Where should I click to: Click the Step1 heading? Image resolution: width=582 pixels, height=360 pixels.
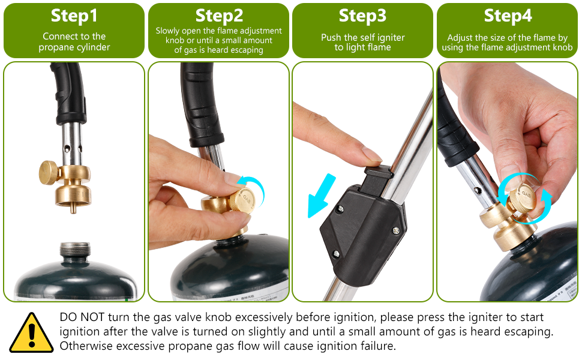pos(74,16)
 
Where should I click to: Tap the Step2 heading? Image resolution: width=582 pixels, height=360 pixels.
pos(219,16)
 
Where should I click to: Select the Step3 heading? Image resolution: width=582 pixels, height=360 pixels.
pos(362,16)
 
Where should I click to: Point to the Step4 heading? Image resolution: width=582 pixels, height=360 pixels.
pos(508,16)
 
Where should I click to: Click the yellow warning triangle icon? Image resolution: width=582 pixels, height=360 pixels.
pos(31,332)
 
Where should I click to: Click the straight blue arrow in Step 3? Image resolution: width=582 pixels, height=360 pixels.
pos(322,196)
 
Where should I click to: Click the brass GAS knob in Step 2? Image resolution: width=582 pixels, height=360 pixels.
pos(242,200)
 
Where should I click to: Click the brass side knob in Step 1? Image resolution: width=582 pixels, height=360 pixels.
pos(49,173)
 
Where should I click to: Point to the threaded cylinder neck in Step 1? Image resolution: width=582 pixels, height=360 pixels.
pos(76,250)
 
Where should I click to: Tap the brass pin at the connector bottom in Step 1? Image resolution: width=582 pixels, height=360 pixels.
pos(73,208)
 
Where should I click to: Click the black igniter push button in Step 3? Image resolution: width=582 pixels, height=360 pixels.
pos(378,178)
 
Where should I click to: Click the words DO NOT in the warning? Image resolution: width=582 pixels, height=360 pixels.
pos(82,317)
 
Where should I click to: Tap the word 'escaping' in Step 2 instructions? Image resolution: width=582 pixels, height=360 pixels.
pos(247,50)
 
